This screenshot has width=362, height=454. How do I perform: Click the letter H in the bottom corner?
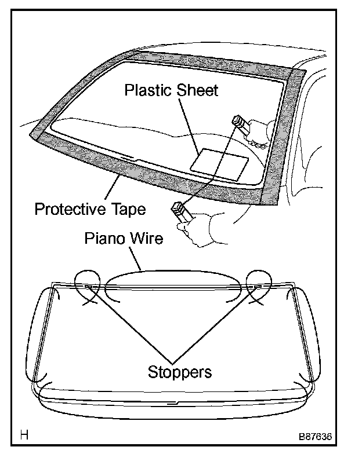(x=24, y=434)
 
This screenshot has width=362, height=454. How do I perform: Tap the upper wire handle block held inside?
(x=238, y=122)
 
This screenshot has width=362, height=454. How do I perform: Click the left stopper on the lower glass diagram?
(x=88, y=287)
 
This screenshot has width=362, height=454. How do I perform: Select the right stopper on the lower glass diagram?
(x=257, y=287)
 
